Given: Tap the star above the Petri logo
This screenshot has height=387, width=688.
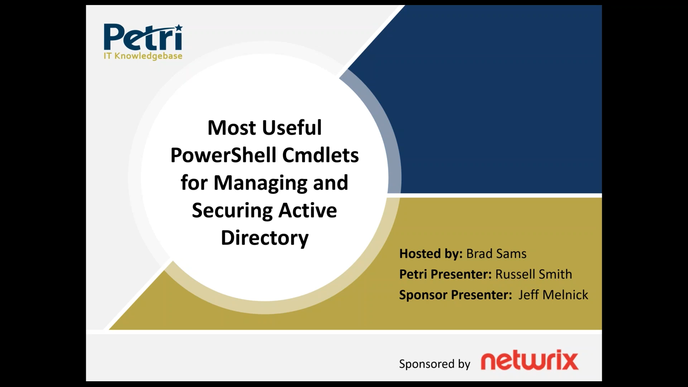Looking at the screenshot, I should (178, 28).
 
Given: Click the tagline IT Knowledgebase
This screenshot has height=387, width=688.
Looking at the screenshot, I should (143, 56).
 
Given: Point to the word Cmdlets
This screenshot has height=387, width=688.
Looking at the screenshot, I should (320, 155).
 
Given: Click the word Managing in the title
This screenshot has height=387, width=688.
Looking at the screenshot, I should (260, 183).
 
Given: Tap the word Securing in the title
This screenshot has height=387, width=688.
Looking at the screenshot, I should (232, 210).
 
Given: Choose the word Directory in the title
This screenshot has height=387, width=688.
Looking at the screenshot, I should (264, 238).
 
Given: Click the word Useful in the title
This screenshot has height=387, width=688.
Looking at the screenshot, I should (292, 128).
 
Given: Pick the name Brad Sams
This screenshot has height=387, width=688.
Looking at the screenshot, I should (496, 254).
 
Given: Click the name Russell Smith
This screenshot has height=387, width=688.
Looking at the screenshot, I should (534, 274).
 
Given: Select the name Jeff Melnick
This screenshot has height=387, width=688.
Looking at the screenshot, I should (553, 295).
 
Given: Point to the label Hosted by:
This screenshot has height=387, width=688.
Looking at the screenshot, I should (431, 254).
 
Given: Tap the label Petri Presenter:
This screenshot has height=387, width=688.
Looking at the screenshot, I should (445, 274).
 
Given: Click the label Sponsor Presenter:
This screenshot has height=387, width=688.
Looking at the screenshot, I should (455, 295).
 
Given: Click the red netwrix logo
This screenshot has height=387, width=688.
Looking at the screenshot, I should (529, 361).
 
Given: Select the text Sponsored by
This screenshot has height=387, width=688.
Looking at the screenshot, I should (435, 364).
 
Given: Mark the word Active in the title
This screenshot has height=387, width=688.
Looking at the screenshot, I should (308, 210).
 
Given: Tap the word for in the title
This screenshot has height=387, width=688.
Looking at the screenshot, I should (194, 183).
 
